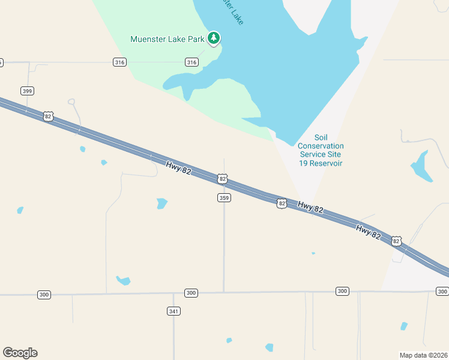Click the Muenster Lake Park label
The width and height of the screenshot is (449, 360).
[167, 40]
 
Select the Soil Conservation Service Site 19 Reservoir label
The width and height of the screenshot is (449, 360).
[321, 150]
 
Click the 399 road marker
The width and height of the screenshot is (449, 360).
[27, 91]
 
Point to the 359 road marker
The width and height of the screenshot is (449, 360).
[223, 198]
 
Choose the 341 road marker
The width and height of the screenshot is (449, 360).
[173, 311]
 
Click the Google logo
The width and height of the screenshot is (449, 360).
[20, 353]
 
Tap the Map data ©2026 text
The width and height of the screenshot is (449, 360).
[423, 355]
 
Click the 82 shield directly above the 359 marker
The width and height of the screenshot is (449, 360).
[223, 179]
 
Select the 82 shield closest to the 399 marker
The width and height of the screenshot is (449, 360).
[48, 116]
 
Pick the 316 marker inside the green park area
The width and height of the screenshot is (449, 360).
[191, 62]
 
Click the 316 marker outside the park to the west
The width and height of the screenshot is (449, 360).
[119, 62]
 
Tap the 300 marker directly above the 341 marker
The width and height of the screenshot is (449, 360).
[191, 293]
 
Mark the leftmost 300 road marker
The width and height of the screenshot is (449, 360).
[44, 295]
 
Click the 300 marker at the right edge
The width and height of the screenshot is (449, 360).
[442, 291]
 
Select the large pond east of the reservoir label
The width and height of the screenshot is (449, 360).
[421, 166]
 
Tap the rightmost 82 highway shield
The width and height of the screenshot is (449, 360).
[396, 241]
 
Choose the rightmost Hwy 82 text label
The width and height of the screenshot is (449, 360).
[368, 232]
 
